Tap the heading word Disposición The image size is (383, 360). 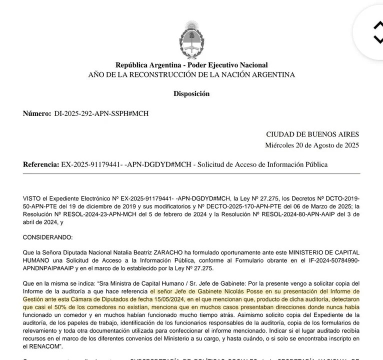pyautogui.click(x=191, y=93)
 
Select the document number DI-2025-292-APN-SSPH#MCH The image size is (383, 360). pyautogui.click(x=101, y=113)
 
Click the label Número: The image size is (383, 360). pyautogui.click(x=37, y=113)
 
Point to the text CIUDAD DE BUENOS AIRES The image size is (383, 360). pyautogui.click(x=312, y=134)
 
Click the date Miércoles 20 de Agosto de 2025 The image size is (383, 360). pyautogui.click(x=312, y=145)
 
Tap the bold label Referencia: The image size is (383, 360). pyautogui.click(x=41, y=164)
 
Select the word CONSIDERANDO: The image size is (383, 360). pyautogui.click(x=47, y=236)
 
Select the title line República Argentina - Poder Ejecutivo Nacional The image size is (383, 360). pyautogui.click(x=191, y=65)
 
